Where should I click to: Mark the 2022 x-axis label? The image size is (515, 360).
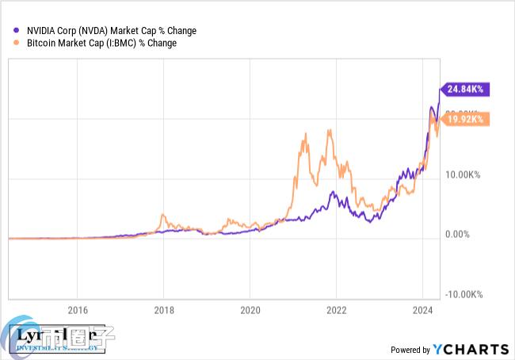click(337, 309)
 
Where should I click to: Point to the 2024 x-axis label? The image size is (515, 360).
click(423, 309)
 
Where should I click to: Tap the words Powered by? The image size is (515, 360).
click(410, 350)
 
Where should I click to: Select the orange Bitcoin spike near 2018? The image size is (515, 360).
click(162, 215)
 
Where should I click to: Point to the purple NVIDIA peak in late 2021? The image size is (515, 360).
click(334, 192)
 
